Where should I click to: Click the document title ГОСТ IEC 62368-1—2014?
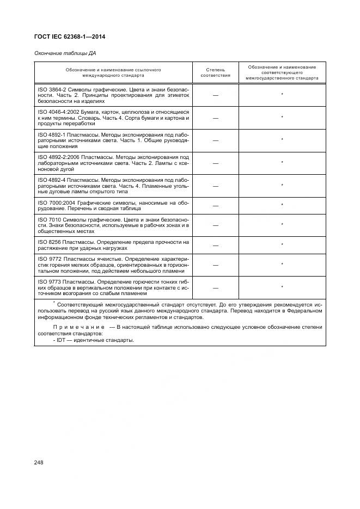[x=70, y=37]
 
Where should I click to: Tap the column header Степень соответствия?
[x=216, y=72]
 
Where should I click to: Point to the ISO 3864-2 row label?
[x=113, y=95]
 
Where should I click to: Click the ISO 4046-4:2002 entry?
[x=113, y=118]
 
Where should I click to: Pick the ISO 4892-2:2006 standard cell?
[x=113, y=163]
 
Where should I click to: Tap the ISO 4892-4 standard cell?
[x=113, y=186]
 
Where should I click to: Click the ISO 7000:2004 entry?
[x=113, y=205]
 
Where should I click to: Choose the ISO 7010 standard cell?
[x=113, y=225]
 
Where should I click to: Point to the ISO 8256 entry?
[x=113, y=244]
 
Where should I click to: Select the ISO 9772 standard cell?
[x=113, y=265]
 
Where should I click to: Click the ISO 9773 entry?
[x=113, y=287]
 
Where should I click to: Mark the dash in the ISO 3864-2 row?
[x=216, y=95]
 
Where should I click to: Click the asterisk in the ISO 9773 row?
[x=282, y=286]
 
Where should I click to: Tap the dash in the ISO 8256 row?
[x=216, y=246]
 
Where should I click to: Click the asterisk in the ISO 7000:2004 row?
[x=282, y=205]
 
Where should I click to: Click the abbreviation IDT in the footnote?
[x=61, y=340]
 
